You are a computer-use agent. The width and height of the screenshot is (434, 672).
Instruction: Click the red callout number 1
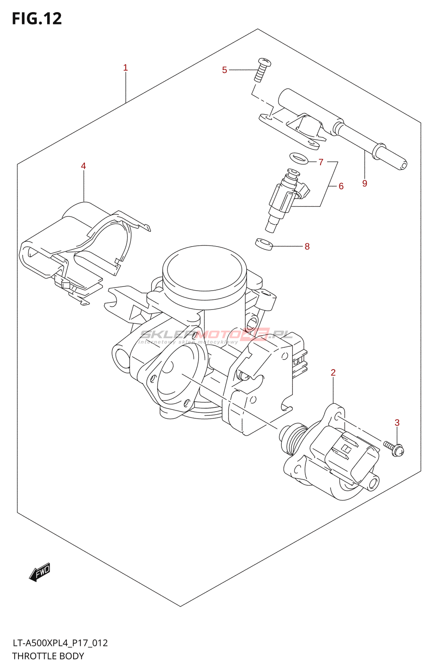coord(125,68)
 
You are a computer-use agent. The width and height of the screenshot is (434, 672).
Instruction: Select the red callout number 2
coord(333,373)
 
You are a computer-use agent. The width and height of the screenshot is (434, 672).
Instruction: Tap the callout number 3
coord(397,423)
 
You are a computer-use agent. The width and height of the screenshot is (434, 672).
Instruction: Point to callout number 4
coord(83,166)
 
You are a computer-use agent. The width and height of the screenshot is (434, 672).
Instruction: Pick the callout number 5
coord(225,70)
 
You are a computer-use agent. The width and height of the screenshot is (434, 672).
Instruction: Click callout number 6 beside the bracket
coord(341,186)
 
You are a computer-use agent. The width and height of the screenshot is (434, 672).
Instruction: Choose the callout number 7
coord(321,162)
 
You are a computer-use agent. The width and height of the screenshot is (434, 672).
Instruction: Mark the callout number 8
coord(307,247)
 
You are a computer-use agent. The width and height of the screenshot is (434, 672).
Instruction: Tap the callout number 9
coord(365,183)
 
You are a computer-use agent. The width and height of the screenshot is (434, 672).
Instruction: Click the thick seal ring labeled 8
coord(264,244)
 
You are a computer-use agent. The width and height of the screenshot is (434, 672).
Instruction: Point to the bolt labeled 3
coord(394,448)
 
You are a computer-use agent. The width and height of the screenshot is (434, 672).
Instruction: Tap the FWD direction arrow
coord(40,572)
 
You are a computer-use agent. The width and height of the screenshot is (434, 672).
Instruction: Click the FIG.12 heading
coord(37,18)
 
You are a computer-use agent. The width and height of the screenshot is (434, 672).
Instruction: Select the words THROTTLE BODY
coord(48,656)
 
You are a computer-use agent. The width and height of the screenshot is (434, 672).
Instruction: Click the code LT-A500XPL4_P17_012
coord(60,643)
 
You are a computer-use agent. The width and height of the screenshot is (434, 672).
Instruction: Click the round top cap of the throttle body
coord(204,270)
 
